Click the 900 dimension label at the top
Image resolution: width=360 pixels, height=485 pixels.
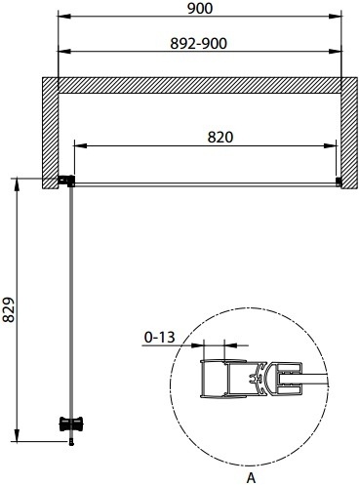(x=200, y=9)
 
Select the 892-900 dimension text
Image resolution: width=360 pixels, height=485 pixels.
(x=199, y=44)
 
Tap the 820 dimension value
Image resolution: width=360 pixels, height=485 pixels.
(x=220, y=138)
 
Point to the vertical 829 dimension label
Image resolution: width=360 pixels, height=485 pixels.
(x=9, y=309)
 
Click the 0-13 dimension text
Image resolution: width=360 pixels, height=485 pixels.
(x=160, y=338)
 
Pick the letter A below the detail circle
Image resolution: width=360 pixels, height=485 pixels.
(x=251, y=478)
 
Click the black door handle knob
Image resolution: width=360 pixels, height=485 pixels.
(x=71, y=424)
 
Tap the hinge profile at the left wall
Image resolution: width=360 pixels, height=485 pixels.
(x=66, y=181)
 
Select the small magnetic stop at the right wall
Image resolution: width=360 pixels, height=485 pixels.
(x=339, y=182)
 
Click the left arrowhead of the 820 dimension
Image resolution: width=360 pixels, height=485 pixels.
(x=80, y=145)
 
